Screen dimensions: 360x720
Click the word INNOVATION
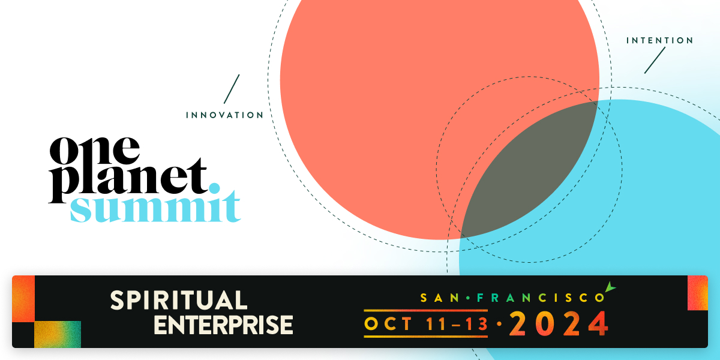coord(224,115)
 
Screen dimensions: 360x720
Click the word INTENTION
coord(659,41)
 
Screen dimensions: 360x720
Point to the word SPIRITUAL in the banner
coord(178,300)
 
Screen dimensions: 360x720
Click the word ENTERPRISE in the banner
coord(223,324)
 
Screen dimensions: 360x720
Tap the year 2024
coord(559,325)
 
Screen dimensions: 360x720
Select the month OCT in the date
coord(388,325)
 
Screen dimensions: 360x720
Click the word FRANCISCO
coord(539,297)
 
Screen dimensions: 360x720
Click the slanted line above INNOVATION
coord(232,88)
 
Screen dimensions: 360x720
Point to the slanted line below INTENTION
coord(655,60)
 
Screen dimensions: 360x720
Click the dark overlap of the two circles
coord(528,174)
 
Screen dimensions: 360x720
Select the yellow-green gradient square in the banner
coord(57,334)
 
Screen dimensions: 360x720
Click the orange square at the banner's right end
coord(697,293)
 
